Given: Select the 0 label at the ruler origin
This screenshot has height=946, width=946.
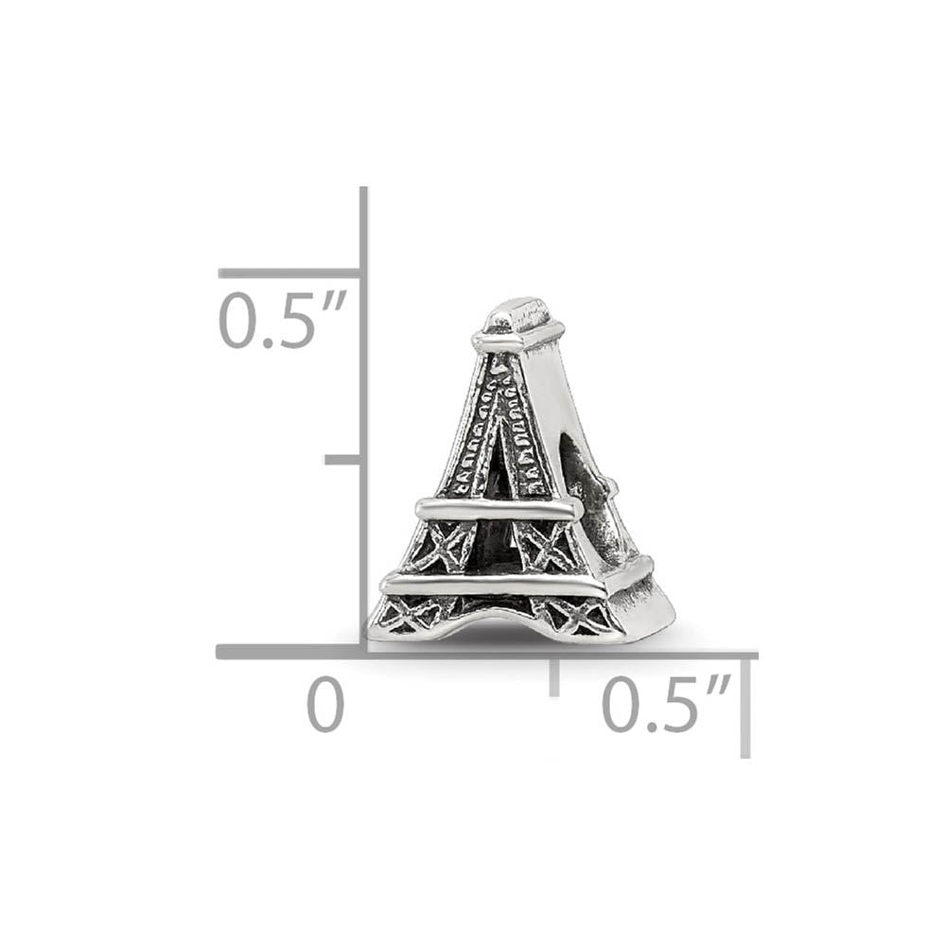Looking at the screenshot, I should [325, 706].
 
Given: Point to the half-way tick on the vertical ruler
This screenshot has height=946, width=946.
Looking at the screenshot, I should [342, 460].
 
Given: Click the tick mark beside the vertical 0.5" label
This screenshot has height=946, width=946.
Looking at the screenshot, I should [289, 273].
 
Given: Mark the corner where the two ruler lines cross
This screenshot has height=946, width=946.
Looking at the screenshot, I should [362, 651].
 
